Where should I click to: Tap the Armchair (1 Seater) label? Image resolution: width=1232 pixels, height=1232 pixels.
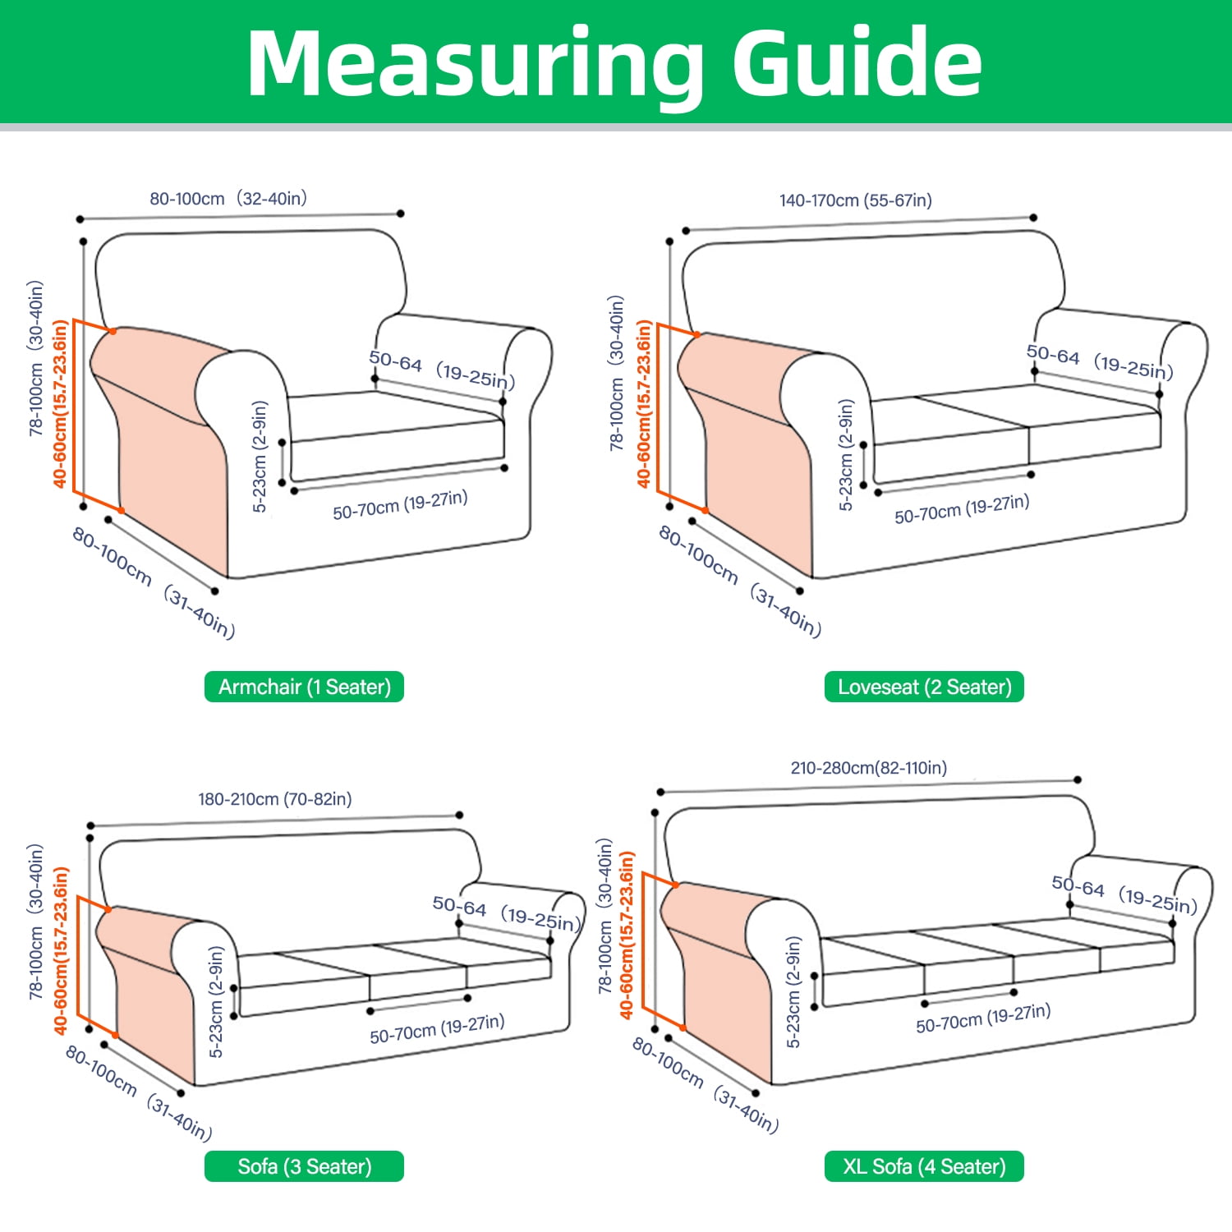[x=304, y=687]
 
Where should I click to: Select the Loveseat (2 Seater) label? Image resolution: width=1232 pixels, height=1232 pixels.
[x=924, y=687]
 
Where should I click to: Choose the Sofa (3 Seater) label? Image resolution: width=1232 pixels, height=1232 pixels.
[x=304, y=1166]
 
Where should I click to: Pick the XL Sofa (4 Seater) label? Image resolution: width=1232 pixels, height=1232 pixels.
[x=924, y=1166]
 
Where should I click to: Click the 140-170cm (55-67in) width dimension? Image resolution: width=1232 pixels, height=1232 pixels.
[x=856, y=200]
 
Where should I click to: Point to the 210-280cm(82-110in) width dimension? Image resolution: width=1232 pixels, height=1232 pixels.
[x=869, y=768]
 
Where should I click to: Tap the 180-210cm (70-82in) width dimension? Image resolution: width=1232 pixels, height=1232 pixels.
[x=275, y=799]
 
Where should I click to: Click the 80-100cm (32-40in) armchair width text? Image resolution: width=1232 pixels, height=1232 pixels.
[x=228, y=199]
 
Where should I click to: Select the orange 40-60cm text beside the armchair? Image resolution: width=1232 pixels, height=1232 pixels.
[x=60, y=403]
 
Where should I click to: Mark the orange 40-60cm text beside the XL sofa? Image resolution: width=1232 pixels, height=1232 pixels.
[x=627, y=935]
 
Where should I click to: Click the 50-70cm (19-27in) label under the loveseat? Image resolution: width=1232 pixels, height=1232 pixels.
[x=962, y=509]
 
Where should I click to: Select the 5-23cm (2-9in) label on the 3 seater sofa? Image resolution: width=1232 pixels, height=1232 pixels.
[x=216, y=1002]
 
